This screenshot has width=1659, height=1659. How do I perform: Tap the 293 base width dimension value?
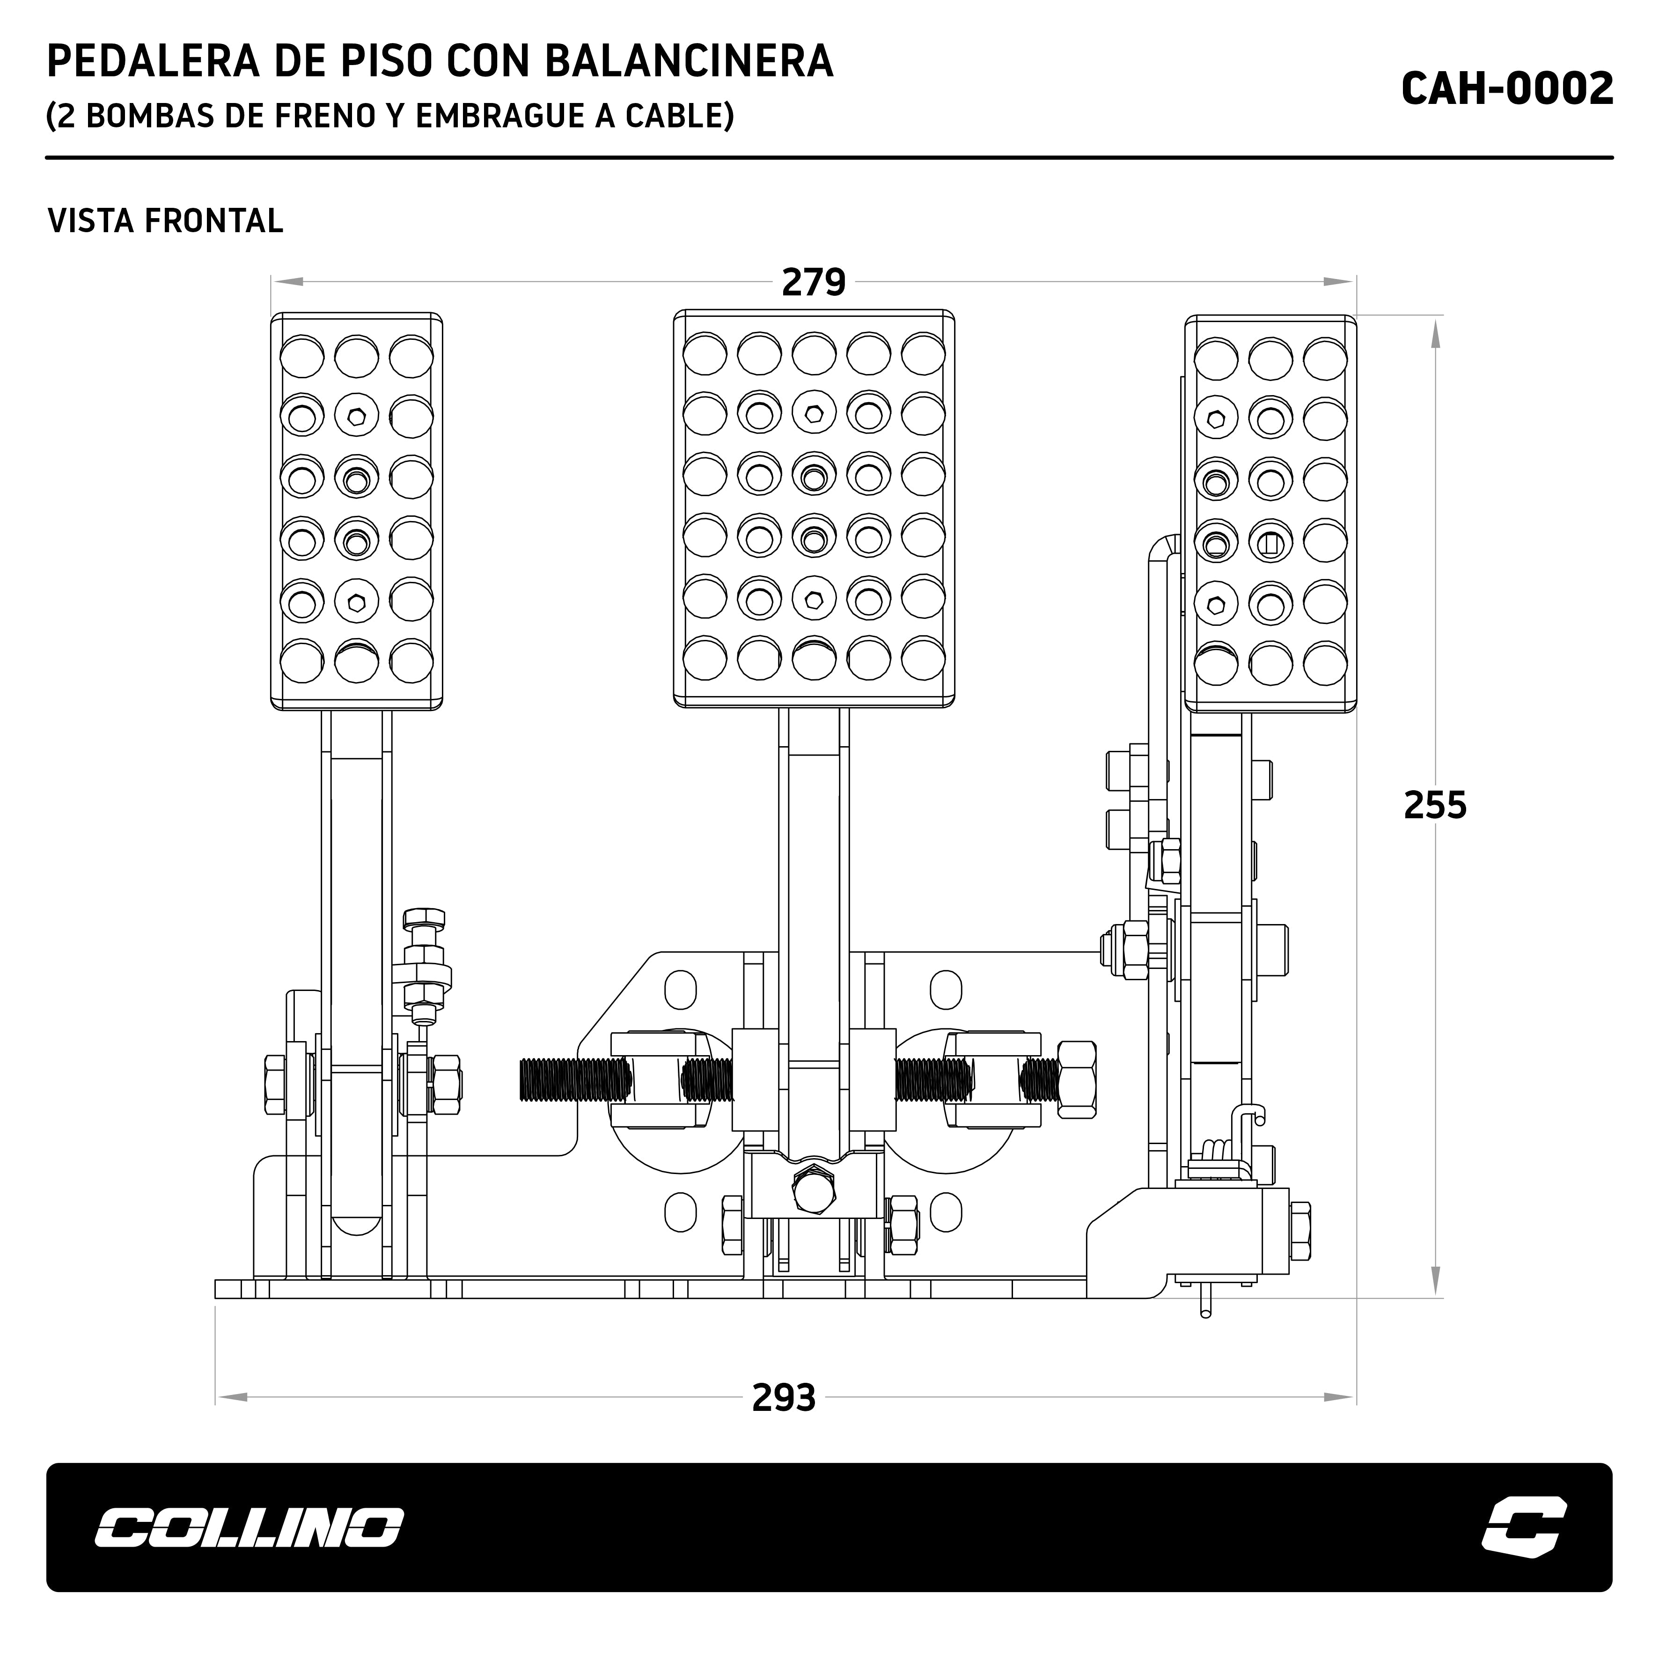pos(783,1398)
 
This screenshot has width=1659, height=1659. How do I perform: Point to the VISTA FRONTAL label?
pos(165,220)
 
